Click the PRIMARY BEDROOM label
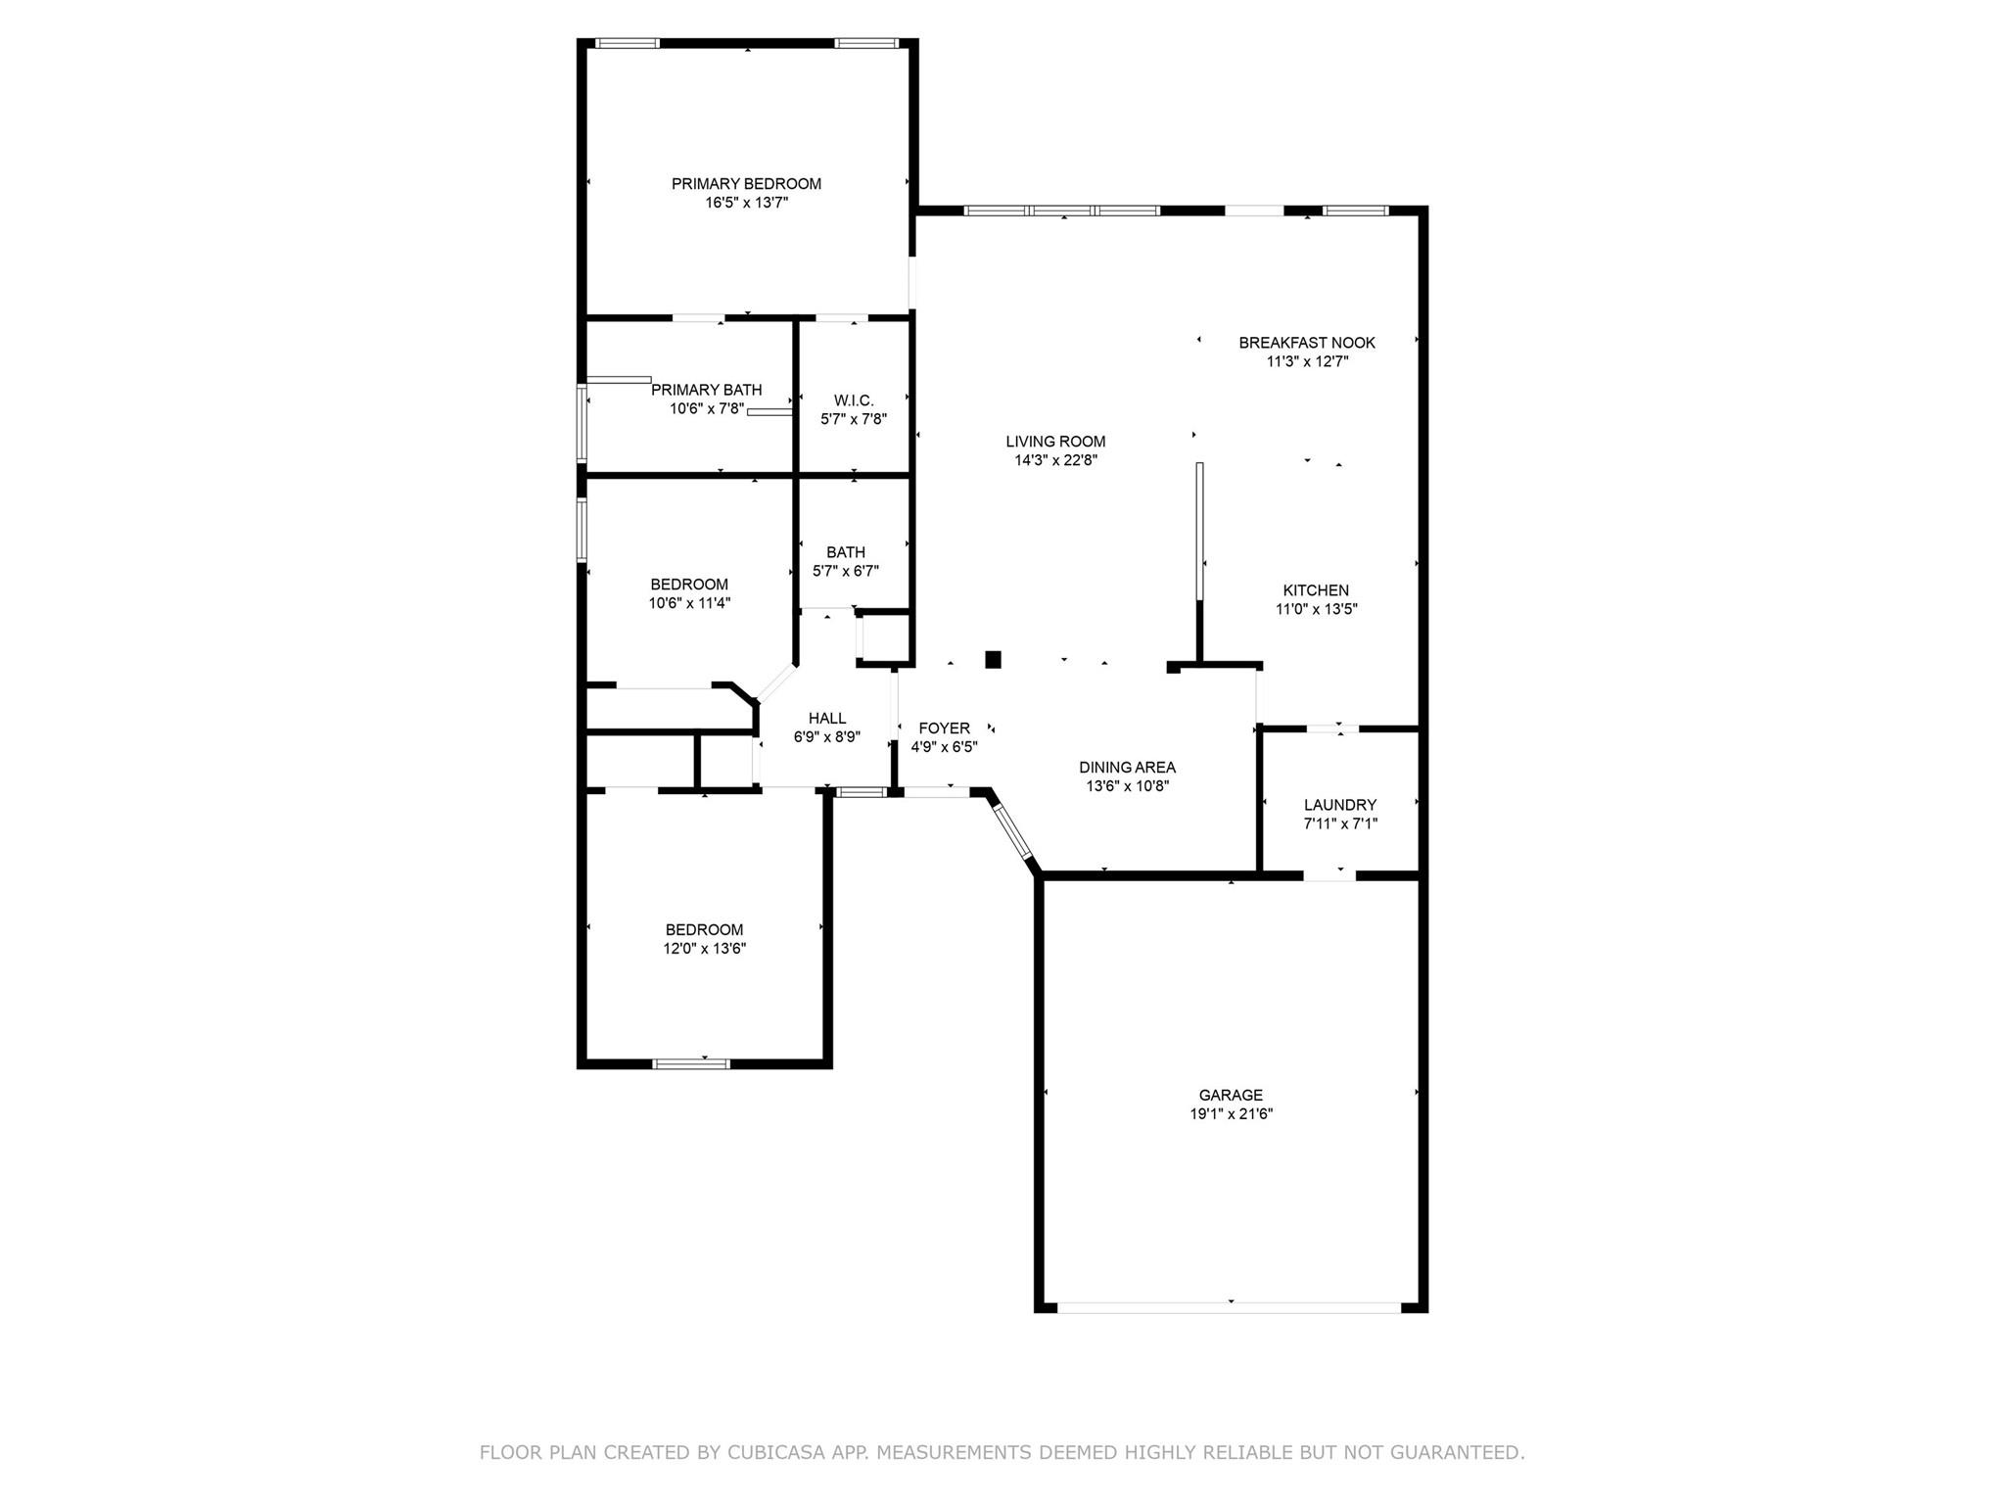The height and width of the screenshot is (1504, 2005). coord(746,184)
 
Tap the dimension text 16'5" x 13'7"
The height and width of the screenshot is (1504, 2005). coord(746,203)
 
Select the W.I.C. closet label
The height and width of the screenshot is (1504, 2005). coord(854,400)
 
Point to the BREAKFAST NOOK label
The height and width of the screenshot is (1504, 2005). coord(1307,343)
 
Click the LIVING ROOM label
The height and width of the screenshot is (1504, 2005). coord(1055,442)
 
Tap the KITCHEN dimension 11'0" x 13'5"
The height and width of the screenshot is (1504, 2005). coord(1316,609)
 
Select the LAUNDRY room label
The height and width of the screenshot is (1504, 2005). coord(1339,805)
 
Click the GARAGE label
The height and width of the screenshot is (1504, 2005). coord(1231,1095)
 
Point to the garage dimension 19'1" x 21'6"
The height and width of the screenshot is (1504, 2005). coord(1231,1114)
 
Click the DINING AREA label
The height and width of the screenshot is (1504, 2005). coord(1127,768)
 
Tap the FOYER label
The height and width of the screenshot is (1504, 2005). coord(944,728)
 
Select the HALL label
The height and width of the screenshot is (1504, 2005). coord(827,719)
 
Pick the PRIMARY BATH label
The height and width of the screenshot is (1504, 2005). coord(706,390)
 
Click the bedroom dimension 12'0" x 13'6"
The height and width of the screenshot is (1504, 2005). coord(704,949)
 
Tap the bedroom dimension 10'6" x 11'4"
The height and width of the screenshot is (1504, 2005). coord(689,603)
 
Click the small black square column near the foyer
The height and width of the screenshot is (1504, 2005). coord(993,660)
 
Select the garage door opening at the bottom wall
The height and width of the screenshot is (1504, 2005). coord(1230,1307)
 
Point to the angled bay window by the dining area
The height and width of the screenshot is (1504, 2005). coord(1012,831)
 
